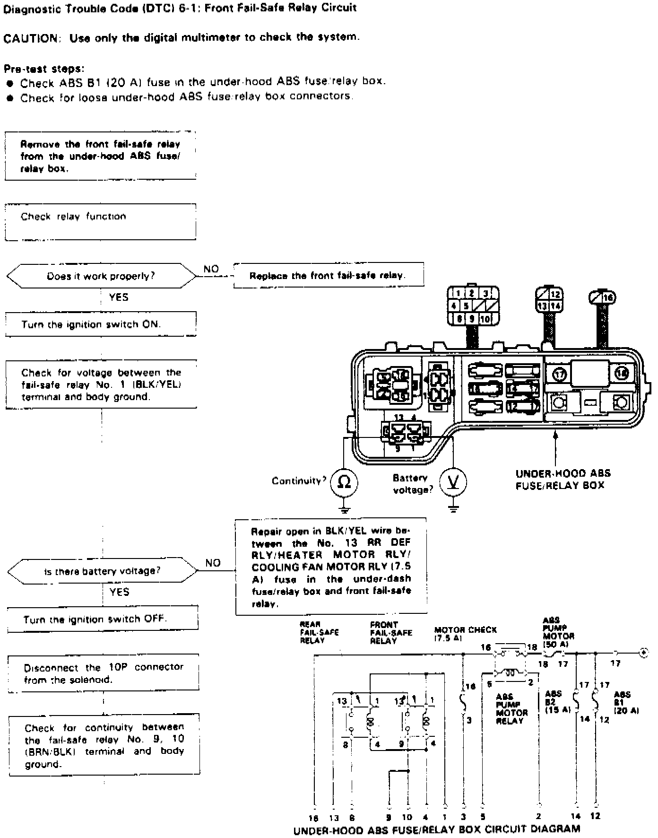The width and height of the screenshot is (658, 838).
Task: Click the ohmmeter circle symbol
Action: (x=344, y=482)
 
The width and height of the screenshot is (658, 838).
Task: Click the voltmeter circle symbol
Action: (x=453, y=482)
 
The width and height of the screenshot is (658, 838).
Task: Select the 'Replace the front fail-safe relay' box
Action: (x=329, y=275)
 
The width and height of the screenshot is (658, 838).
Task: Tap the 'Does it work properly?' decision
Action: (x=101, y=276)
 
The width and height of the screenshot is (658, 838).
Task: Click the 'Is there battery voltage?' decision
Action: (x=102, y=571)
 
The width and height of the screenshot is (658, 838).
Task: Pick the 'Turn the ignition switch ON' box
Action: (x=100, y=324)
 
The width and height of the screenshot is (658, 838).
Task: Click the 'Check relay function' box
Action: (x=100, y=222)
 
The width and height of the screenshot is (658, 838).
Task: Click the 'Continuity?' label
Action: (x=299, y=481)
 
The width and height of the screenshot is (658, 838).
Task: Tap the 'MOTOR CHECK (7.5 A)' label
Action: (x=465, y=634)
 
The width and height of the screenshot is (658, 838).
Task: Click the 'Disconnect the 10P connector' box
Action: (x=104, y=673)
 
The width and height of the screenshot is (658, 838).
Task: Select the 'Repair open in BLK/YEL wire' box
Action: (x=331, y=567)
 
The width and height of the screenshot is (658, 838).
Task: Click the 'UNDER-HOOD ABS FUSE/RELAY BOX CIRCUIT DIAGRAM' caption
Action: (x=436, y=829)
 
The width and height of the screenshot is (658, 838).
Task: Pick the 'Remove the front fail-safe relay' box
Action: (x=100, y=156)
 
